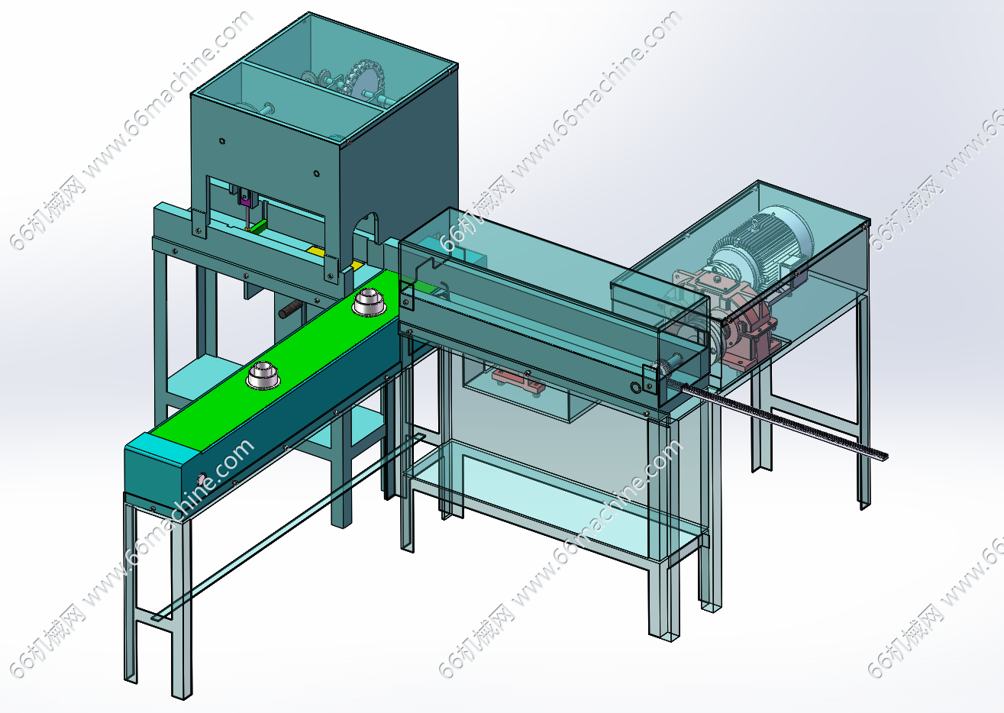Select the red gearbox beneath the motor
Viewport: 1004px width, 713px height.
click(x=752, y=324)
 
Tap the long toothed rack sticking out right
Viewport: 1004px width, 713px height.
click(x=794, y=424)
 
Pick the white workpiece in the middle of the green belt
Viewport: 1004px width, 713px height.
click(x=263, y=375)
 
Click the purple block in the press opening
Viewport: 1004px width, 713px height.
click(x=244, y=200)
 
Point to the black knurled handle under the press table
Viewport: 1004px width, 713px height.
click(x=290, y=310)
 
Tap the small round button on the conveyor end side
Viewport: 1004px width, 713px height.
click(x=202, y=479)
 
